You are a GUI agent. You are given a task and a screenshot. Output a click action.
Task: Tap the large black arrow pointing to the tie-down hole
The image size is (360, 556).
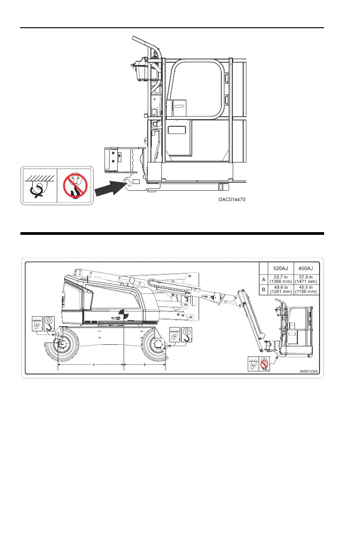pos(111,188)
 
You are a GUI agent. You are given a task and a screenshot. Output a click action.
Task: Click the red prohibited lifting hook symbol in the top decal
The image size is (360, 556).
pos(75,185)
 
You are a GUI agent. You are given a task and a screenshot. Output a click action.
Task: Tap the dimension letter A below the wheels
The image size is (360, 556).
pos(94,365)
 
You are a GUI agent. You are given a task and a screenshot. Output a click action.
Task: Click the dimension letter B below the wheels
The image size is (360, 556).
pos(145,365)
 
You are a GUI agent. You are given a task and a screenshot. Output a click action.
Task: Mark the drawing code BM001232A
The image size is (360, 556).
pos(309,372)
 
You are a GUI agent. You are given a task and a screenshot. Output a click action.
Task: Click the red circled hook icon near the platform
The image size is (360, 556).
pos(263,364)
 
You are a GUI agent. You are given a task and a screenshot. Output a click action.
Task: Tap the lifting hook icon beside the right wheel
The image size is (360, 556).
pos(186,334)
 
